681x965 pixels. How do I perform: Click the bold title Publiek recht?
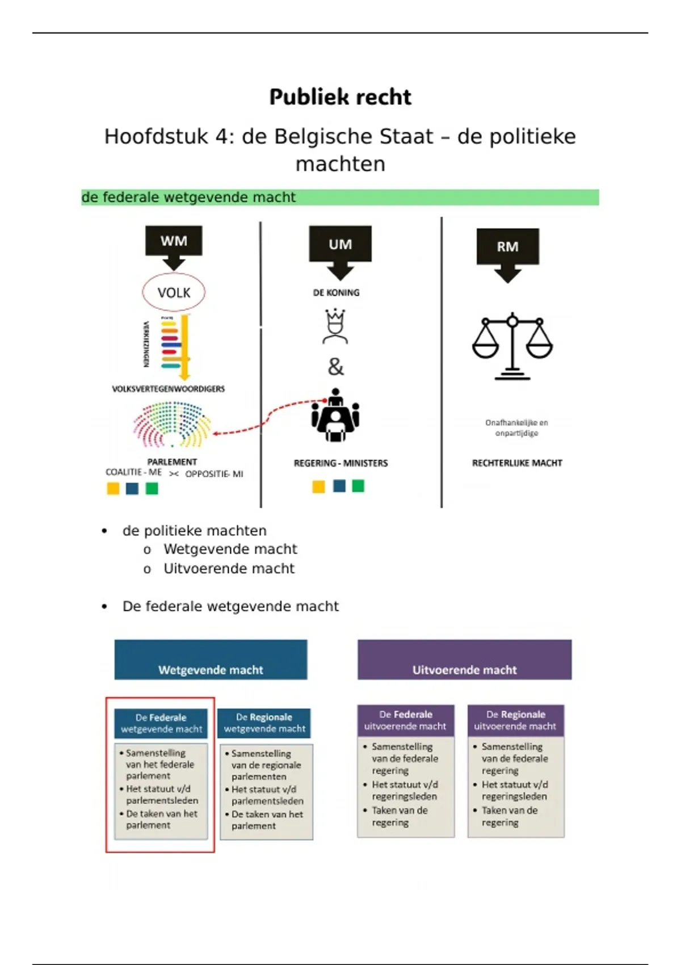tap(340, 97)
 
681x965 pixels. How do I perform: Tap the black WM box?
tap(174, 241)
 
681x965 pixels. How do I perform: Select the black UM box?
tap(340, 244)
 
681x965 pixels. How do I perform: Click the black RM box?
tap(507, 246)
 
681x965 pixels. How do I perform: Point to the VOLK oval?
tap(174, 292)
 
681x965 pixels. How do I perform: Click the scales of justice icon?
tap(512, 346)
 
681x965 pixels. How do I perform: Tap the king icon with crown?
tap(335, 326)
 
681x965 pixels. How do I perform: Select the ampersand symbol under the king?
tap(335, 367)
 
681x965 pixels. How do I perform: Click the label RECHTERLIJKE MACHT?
tap(517, 463)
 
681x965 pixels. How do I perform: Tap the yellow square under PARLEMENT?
tap(113, 488)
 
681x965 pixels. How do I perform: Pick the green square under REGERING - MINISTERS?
tap(358, 486)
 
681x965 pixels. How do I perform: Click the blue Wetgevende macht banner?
tap(211, 660)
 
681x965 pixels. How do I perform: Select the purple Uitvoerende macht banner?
tap(464, 660)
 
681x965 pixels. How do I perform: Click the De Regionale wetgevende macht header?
tap(264, 723)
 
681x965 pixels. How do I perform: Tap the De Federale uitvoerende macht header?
tap(405, 720)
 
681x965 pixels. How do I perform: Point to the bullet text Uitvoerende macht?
tap(229, 568)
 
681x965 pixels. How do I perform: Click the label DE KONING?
tap(336, 293)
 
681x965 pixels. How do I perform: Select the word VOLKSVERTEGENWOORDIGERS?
tap(168, 389)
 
